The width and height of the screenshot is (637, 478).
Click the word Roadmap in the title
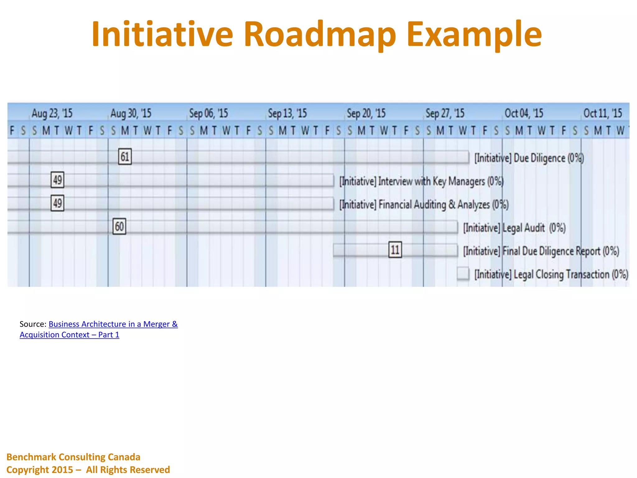click(x=320, y=34)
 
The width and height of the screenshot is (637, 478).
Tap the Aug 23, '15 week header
click(x=52, y=113)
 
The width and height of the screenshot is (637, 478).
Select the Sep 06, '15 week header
click(x=208, y=113)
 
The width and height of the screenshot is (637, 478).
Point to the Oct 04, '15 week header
click(x=524, y=113)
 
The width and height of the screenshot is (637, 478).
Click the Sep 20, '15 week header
click(x=366, y=113)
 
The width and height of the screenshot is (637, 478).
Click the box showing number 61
click(x=125, y=157)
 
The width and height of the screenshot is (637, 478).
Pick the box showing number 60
click(x=119, y=226)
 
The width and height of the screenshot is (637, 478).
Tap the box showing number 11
click(x=395, y=250)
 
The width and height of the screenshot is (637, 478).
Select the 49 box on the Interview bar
click(x=58, y=180)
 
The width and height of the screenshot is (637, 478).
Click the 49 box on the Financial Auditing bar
click(x=58, y=203)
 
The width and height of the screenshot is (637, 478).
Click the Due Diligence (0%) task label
click(x=529, y=158)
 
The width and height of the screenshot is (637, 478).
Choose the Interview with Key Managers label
click(x=421, y=181)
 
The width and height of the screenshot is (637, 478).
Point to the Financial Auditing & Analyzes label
click(x=424, y=204)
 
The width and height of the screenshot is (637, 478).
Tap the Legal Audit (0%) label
click(x=514, y=228)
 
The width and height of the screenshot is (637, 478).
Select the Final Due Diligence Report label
click(x=541, y=251)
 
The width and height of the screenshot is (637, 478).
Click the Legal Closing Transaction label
click(x=551, y=274)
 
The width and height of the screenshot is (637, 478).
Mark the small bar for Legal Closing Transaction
click(x=463, y=274)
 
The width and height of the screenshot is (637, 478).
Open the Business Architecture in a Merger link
click(x=113, y=324)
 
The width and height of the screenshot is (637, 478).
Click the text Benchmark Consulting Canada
click(x=73, y=457)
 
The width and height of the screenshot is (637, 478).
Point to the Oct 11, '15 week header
click(x=602, y=113)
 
